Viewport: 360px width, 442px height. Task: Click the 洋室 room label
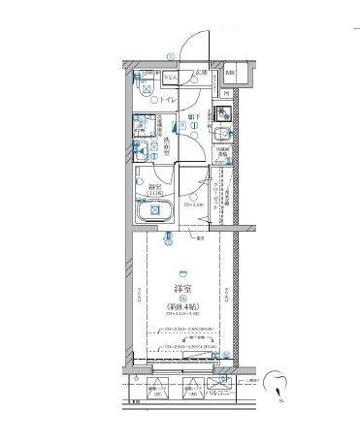pyautogui.click(x=180, y=290)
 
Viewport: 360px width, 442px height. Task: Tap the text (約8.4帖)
pyautogui.click(x=180, y=311)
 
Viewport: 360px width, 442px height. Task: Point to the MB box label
pyautogui.click(x=230, y=74)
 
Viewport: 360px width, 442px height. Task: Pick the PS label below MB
pyautogui.click(x=227, y=93)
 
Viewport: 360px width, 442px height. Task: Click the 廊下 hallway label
pyautogui.click(x=194, y=117)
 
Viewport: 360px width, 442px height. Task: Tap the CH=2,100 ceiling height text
pyautogui.click(x=193, y=205)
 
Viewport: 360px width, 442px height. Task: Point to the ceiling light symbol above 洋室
pyautogui.click(x=180, y=272)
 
